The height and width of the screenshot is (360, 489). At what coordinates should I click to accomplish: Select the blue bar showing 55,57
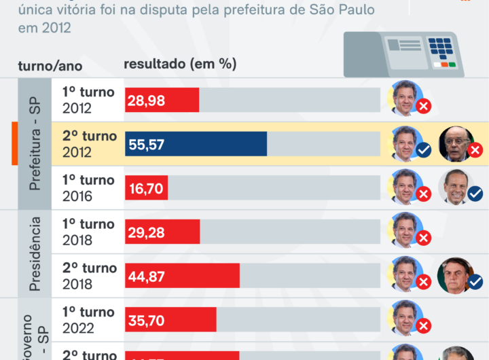(196, 144)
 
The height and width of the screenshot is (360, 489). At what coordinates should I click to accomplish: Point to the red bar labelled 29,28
(162, 232)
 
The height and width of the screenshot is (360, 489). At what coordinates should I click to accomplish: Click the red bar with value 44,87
(182, 276)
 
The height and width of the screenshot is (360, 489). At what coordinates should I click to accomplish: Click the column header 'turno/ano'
(50, 66)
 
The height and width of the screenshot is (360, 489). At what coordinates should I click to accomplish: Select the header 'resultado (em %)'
(180, 64)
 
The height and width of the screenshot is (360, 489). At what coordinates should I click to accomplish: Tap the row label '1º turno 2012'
(88, 100)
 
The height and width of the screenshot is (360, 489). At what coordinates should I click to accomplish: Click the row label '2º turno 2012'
(89, 144)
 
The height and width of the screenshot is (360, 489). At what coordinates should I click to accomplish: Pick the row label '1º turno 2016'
(88, 188)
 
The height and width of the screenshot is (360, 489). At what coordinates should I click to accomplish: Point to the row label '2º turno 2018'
(89, 276)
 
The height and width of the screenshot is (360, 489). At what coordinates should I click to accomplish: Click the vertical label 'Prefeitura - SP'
(35, 143)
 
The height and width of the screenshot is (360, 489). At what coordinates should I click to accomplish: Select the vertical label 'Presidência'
(35, 253)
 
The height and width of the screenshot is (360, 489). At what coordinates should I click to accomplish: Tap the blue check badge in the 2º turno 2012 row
(424, 150)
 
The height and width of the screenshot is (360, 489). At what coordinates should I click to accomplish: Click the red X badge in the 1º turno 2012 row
(424, 107)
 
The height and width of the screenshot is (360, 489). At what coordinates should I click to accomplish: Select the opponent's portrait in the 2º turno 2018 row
(454, 274)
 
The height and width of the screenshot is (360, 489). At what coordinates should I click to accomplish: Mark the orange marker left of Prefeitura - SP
(14, 144)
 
